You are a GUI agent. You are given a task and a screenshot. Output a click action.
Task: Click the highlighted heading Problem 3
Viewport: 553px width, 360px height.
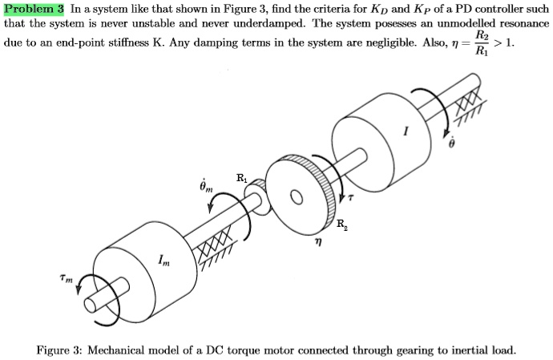[x=34, y=9]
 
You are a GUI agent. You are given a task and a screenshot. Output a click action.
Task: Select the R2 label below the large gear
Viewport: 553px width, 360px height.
[x=342, y=224]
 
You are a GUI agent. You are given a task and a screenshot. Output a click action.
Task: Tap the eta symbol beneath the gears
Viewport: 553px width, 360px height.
[x=317, y=249]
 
